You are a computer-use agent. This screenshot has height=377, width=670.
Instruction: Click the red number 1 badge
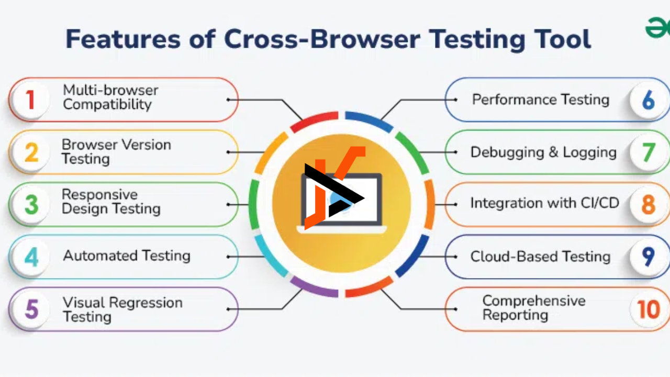click(31, 99)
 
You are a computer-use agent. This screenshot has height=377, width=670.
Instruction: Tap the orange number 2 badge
click(31, 152)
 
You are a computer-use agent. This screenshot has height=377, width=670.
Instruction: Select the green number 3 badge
click(31, 205)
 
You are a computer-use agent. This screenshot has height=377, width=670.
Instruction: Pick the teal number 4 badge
click(31, 257)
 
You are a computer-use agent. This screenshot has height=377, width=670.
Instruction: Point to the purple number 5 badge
click(31, 309)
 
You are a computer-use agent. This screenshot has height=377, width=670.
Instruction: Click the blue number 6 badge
click(648, 99)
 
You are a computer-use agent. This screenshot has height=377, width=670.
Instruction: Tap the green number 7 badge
click(648, 152)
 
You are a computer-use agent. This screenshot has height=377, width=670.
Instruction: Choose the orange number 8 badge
click(648, 205)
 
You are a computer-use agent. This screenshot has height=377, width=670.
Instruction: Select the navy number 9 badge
click(648, 257)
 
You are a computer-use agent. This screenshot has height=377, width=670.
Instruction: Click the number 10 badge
click(648, 309)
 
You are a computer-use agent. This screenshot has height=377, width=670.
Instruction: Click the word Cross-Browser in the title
click(322, 39)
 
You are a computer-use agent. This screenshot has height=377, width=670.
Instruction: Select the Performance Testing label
click(541, 99)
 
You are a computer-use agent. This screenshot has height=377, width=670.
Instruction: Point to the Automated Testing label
click(127, 256)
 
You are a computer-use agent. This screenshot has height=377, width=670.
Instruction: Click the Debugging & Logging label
click(543, 152)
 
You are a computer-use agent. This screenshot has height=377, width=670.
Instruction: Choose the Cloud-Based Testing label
click(540, 257)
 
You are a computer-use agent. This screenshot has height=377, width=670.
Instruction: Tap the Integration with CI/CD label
click(545, 203)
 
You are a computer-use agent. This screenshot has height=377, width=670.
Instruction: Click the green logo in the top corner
click(657, 28)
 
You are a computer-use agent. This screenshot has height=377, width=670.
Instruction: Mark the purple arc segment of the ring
click(313, 288)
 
